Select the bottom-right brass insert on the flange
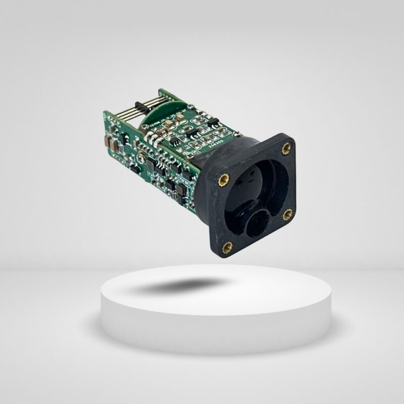pyautogui.click(x=287, y=215)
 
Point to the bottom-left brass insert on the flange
pyautogui.click(x=228, y=247)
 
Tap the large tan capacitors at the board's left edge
pyautogui.click(x=111, y=143)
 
